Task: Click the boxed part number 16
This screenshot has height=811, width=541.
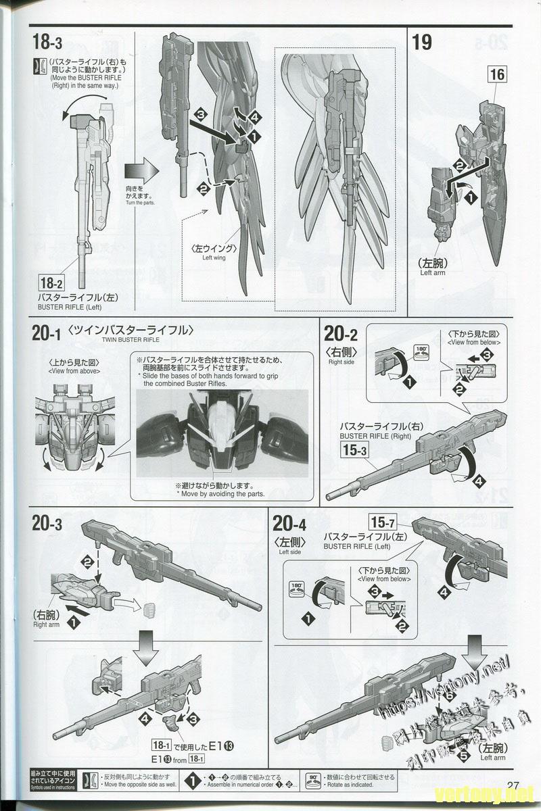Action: click(497, 74)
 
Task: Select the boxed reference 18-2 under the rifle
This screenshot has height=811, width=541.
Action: click(52, 284)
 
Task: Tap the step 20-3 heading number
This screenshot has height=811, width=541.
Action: click(47, 522)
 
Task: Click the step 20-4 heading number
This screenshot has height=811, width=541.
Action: click(289, 522)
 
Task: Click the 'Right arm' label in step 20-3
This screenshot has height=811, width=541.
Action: click(46, 625)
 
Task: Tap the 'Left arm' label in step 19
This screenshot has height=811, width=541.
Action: click(433, 273)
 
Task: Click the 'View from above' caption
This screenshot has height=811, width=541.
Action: click(74, 371)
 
